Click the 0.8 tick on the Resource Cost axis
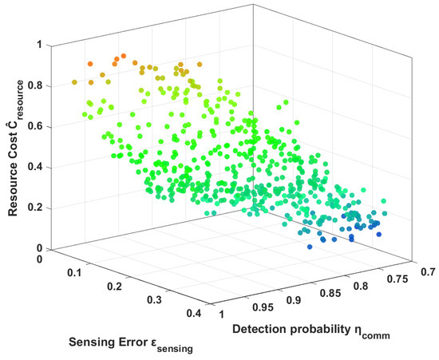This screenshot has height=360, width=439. coord(35,85)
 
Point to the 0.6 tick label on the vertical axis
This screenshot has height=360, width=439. coord(35,127)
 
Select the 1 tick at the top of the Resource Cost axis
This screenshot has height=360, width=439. coord(39,45)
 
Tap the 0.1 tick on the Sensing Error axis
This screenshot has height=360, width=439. coord(74,273)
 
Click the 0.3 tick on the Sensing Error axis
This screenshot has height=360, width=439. coord(154,300)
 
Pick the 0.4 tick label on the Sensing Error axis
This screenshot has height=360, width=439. coord(194,313)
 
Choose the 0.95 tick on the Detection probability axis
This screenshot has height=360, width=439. coord(263,307)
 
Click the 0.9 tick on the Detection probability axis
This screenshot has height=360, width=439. coord(294,300)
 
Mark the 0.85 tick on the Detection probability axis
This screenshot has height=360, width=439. coord(330,293)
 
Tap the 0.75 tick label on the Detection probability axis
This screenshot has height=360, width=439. coord(397,279)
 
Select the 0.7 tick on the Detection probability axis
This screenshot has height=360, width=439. coord(429,272)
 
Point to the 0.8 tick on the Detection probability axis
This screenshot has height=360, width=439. coord(361,286)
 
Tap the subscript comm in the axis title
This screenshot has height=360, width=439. coord(376,335)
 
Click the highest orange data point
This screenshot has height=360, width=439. coord(124,56)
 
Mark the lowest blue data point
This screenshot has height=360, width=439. coord(310,247)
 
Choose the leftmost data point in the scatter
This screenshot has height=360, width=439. coord(74,82)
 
